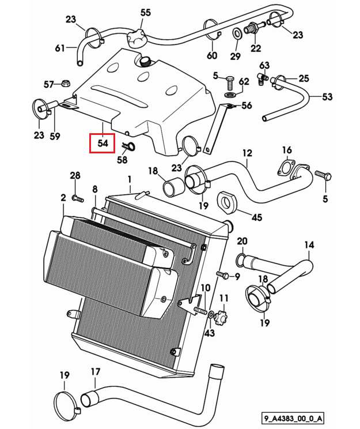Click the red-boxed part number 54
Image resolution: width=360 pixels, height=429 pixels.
point(103,143)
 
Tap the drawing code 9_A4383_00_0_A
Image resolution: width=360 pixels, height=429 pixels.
point(293,418)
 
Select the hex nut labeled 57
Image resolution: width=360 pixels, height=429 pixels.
point(66,84)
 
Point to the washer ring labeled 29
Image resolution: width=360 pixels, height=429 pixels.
point(237,33)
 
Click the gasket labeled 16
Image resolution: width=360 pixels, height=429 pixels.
point(285,168)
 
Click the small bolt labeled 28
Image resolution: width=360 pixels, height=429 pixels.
point(77,198)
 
